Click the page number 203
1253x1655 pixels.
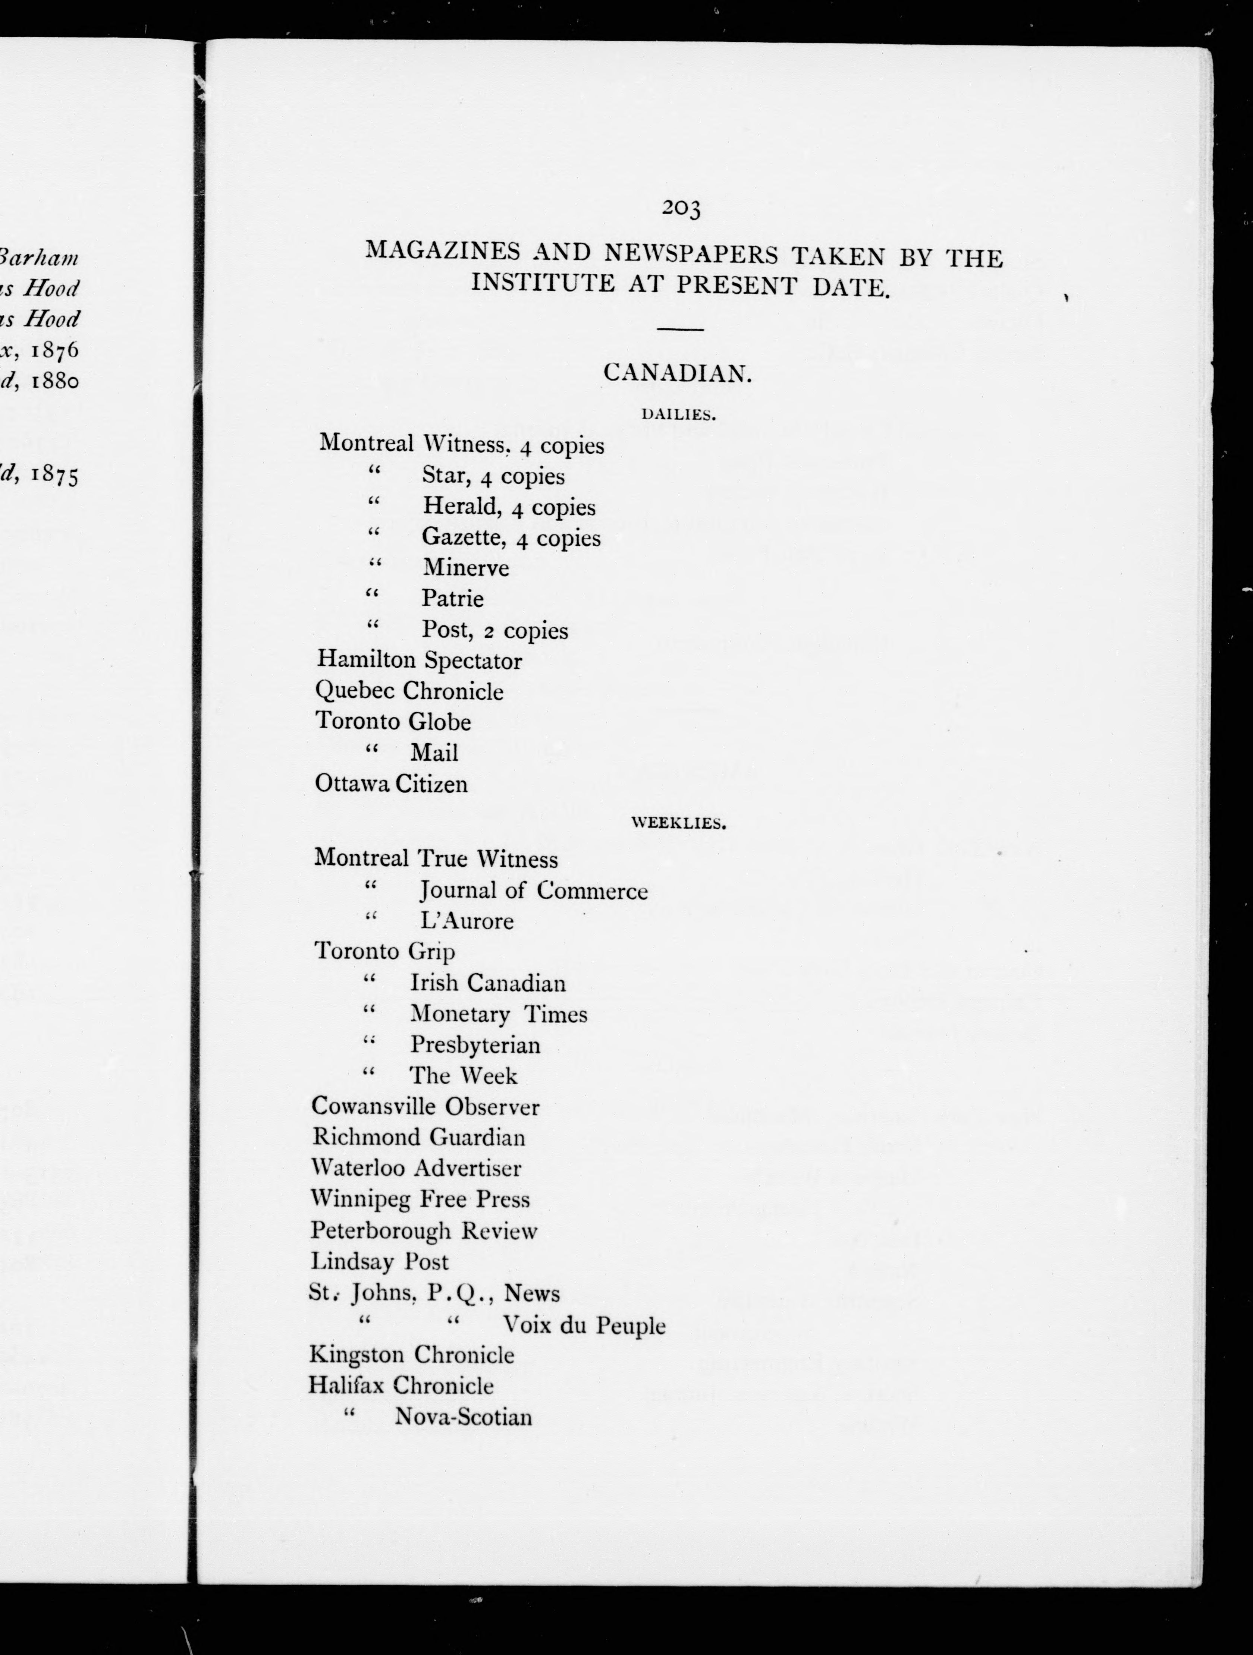(681, 209)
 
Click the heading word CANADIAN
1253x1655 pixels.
(677, 373)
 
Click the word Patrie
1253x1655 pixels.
(452, 599)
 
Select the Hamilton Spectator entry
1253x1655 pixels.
(419, 661)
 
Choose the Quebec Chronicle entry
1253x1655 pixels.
(409, 691)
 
